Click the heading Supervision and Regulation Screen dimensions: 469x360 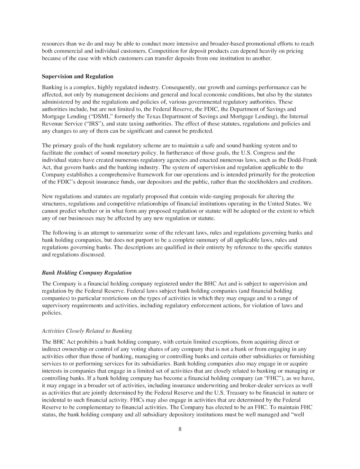[78, 76]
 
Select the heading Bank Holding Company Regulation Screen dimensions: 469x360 [87, 273]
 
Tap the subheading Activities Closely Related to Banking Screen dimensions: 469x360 [87, 331]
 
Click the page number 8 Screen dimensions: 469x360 [180, 429]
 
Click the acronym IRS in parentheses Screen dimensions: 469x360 [86, 124]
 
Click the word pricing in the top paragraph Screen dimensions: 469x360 [294, 51]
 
